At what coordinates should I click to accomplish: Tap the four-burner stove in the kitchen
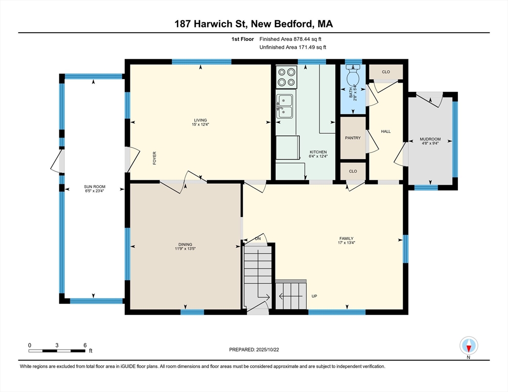click(287, 77)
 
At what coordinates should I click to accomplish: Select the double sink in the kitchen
click(285, 106)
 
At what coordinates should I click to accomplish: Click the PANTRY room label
click(353, 138)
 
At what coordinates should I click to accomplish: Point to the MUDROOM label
click(430, 139)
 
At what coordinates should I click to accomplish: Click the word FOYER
click(154, 158)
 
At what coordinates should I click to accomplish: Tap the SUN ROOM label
click(95, 187)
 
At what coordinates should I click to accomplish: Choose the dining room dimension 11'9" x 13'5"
click(186, 249)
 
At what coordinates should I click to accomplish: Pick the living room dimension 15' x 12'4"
click(200, 125)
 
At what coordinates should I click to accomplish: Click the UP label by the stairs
click(314, 296)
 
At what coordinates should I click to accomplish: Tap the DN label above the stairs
click(258, 239)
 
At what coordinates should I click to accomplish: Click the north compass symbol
click(469, 346)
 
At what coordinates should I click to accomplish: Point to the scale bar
click(57, 351)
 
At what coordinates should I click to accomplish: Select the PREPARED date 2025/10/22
click(268, 350)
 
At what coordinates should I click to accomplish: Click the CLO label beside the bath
click(386, 72)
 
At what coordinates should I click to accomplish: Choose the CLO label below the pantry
click(353, 171)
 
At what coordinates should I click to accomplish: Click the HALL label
click(386, 131)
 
